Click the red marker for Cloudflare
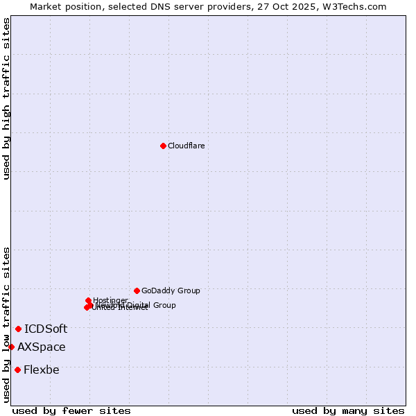(x=163, y=146)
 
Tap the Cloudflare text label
(x=186, y=146)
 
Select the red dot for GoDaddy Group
(x=137, y=291)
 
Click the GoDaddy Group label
(x=171, y=291)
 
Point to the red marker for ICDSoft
(x=19, y=329)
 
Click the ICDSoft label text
(x=46, y=329)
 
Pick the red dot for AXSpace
(x=11, y=347)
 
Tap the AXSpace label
(x=42, y=347)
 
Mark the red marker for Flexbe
(x=17, y=370)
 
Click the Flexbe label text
(x=41, y=370)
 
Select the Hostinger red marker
(x=89, y=300)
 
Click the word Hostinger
(x=111, y=300)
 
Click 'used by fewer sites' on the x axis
(x=71, y=410)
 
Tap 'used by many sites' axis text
(x=348, y=410)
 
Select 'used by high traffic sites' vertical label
(x=6, y=98)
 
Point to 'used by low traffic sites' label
(x=6, y=324)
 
